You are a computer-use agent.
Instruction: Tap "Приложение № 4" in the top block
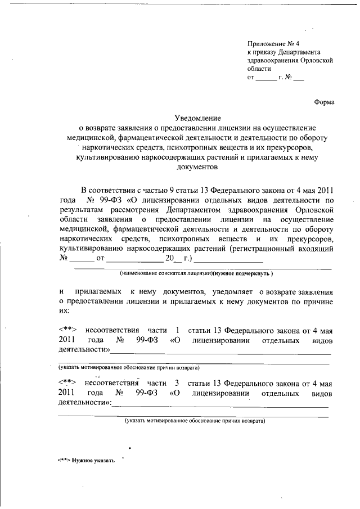(x=274, y=44)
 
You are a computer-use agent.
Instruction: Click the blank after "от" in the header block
(x=266, y=79)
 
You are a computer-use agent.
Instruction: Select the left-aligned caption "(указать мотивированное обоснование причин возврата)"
(x=129, y=367)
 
